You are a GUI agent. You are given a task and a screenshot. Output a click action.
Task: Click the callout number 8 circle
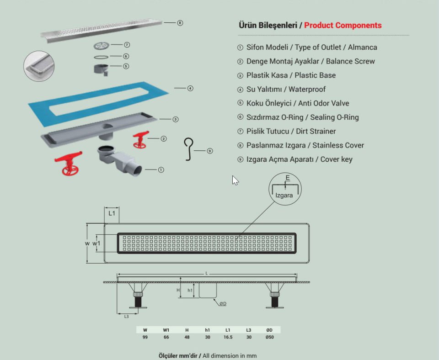click(180, 23)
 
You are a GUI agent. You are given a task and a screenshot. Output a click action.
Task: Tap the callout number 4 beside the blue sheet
click(190, 88)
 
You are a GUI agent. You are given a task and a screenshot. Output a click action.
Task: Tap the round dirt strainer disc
click(102, 45)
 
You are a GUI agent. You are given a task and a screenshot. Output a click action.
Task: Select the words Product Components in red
click(343, 26)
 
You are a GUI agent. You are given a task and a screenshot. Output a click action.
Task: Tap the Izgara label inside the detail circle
click(284, 195)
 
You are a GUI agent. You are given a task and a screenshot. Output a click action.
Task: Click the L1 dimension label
click(112, 213)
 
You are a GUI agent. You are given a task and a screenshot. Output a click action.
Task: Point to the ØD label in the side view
click(222, 304)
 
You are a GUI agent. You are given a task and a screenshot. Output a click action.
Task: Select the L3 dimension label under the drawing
click(126, 316)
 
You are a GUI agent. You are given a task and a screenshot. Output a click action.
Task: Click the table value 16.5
click(227, 337)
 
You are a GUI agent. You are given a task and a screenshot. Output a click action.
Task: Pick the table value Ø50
click(269, 337)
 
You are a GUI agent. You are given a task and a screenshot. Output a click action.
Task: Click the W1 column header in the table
click(166, 329)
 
